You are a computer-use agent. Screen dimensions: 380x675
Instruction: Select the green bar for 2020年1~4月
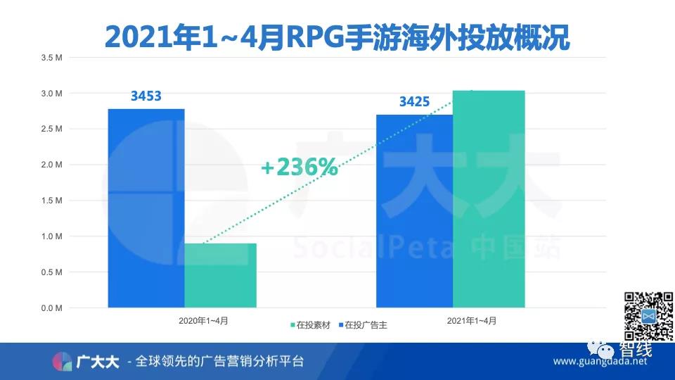pyautogui.click(x=220, y=275)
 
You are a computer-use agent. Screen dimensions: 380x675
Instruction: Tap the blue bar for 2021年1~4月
pyautogui.click(x=414, y=211)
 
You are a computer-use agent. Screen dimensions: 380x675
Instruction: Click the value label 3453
pyautogui.click(x=146, y=95)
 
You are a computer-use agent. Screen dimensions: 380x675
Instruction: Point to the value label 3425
pyautogui.click(x=414, y=102)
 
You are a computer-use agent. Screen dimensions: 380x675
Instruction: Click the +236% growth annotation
pyautogui.click(x=299, y=168)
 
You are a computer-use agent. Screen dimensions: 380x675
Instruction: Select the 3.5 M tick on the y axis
pyautogui.click(x=53, y=58)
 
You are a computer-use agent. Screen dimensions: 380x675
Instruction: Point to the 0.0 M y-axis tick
pyautogui.click(x=53, y=308)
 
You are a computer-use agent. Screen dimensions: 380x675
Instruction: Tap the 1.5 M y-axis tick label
pyautogui.click(x=53, y=201)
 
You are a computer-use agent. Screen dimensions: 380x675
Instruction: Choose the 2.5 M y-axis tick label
pyautogui.click(x=53, y=129)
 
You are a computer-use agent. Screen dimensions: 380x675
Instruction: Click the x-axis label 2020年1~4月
pyautogui.click(x=203, y=321)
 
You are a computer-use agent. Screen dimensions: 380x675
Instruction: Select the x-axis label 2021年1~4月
pyautogui.click(x=472, y=321)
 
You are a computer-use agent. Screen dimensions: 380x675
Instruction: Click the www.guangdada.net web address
pyautogui.click(x=599, y=362)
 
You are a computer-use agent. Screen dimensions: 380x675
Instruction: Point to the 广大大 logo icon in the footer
pyautogui.click(x=63, y=361)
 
